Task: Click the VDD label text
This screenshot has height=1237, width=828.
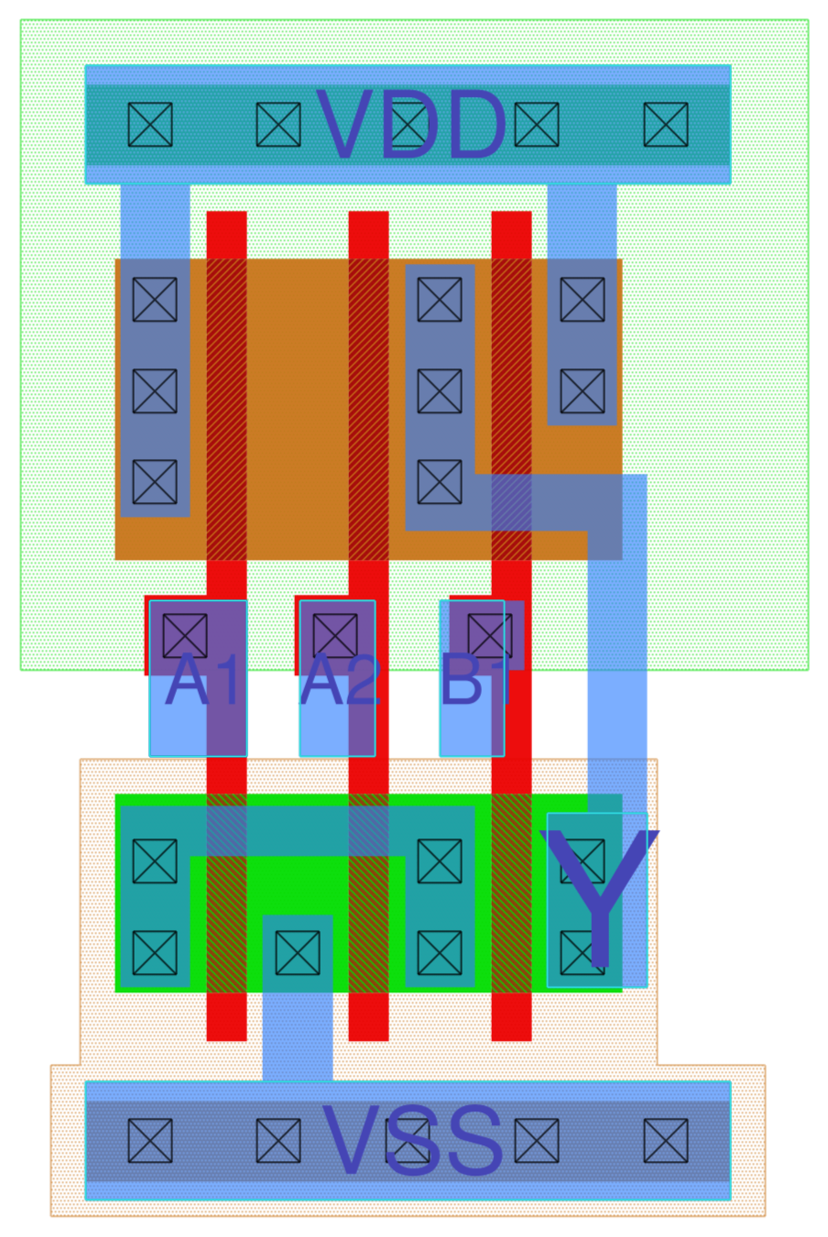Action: (x=410, y=126)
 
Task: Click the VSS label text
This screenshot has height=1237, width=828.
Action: (x=412, y=1142)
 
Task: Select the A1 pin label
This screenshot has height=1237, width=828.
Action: (x=204, y=681)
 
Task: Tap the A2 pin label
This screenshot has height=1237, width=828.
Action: (x=340, y=681)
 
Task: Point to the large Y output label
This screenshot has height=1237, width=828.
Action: (x=600, y=898)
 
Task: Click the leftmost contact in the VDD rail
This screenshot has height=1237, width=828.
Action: (x=150, y=125)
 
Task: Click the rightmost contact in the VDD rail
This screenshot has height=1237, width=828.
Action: (x=666, y=125)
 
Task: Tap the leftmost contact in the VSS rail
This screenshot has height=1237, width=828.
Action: (x=150, y=1141)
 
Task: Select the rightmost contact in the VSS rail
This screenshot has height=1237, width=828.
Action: (x=666, y=1141)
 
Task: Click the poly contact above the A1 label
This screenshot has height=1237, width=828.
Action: (x=185, y=635)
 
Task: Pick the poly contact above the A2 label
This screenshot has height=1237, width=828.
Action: (x=335, y=635)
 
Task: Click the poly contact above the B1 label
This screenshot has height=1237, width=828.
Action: (x=490, y=635)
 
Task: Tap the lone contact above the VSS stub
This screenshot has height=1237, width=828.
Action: (x=298, y=953)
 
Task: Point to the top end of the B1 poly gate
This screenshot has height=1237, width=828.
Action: (x=511, y=218)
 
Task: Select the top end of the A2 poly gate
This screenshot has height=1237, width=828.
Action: (x=368, y=218)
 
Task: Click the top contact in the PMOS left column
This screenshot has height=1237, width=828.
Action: (x=155, y=299)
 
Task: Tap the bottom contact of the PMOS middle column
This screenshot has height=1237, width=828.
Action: (x=440, y=482)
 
